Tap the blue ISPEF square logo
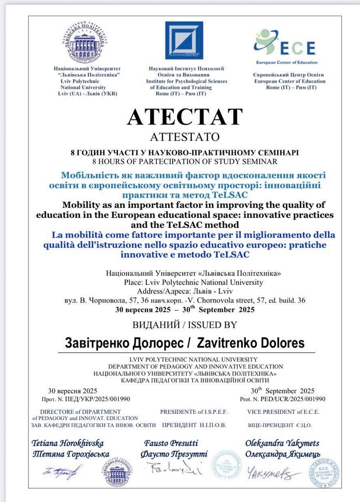184,41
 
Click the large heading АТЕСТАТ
185,117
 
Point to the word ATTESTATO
184,137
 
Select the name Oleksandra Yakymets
282,443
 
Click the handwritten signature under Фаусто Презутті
173,469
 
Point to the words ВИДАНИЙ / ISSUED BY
185,325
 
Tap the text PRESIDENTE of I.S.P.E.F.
194,412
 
